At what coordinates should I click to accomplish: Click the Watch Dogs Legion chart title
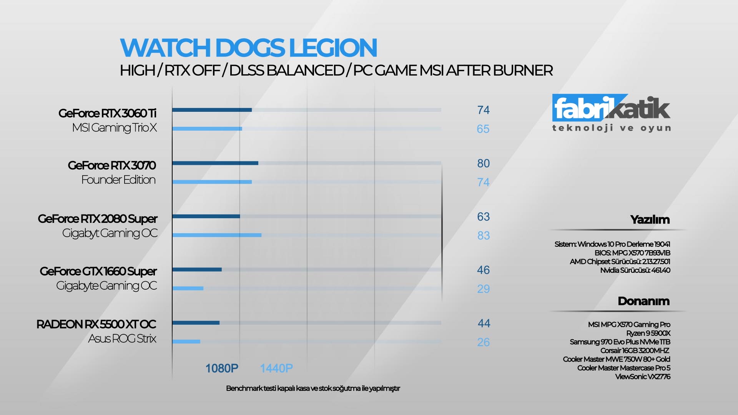click(248, 48)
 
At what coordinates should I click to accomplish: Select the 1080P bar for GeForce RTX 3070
click(215, 163)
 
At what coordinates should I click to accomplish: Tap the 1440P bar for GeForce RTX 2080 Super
click(217, 235)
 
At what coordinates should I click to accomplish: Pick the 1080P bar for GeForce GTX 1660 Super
click(197, 269)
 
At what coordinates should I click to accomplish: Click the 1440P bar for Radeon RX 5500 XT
click(186, 341)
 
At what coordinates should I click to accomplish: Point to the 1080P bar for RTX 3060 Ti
click(212, 110)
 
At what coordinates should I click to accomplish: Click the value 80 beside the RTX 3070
click(483, 163)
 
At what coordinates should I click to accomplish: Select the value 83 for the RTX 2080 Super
click(483, 236)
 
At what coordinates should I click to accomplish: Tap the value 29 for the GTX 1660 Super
click(483, 289)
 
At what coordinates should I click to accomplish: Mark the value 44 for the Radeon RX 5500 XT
click(484, 324)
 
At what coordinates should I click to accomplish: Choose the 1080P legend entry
click(221, 369)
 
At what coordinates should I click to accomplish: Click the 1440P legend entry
click(276, 369)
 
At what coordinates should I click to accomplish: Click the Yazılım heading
click(650, 220)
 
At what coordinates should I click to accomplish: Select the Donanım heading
click(643, 301)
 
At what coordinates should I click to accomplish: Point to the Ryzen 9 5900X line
click(648, 333)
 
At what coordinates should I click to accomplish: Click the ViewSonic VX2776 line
click(642, 377)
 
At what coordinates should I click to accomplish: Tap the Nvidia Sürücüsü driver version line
click(635, 270)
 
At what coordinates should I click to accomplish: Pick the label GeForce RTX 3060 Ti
click(107, 113)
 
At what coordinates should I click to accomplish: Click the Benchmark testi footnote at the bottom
click(313, 388)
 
